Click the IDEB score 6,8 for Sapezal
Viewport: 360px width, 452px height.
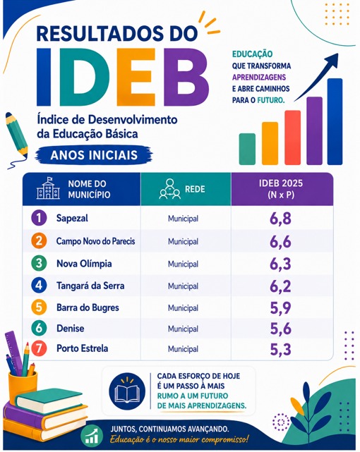pos(280,219)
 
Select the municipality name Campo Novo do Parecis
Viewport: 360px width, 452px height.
pos(95,241)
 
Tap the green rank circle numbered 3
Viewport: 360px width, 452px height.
pos(39,263)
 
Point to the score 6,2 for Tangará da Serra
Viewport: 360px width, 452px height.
pos(280,286)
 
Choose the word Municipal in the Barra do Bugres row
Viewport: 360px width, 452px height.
pos(183,308)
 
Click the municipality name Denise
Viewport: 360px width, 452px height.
pos(71,329)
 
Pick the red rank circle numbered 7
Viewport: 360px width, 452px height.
pos(39,348)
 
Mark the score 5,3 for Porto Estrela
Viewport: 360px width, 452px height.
pos(280,349)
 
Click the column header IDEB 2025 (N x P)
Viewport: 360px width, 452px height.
pos(281,189)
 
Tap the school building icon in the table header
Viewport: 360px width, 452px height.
pos(48,188)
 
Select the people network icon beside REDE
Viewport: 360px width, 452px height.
pos(170,189)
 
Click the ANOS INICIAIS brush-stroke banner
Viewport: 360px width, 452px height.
pos(94,155)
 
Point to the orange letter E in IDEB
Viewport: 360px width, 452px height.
pos(136,78)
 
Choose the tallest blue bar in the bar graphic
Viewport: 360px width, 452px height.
pos(335,121)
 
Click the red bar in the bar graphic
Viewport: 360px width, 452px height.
pos(292,138)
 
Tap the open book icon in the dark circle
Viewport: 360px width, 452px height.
pos(127,391)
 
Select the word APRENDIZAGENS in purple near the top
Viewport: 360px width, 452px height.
pos(259,78)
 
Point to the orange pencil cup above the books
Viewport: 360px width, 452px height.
pos(23,386)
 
